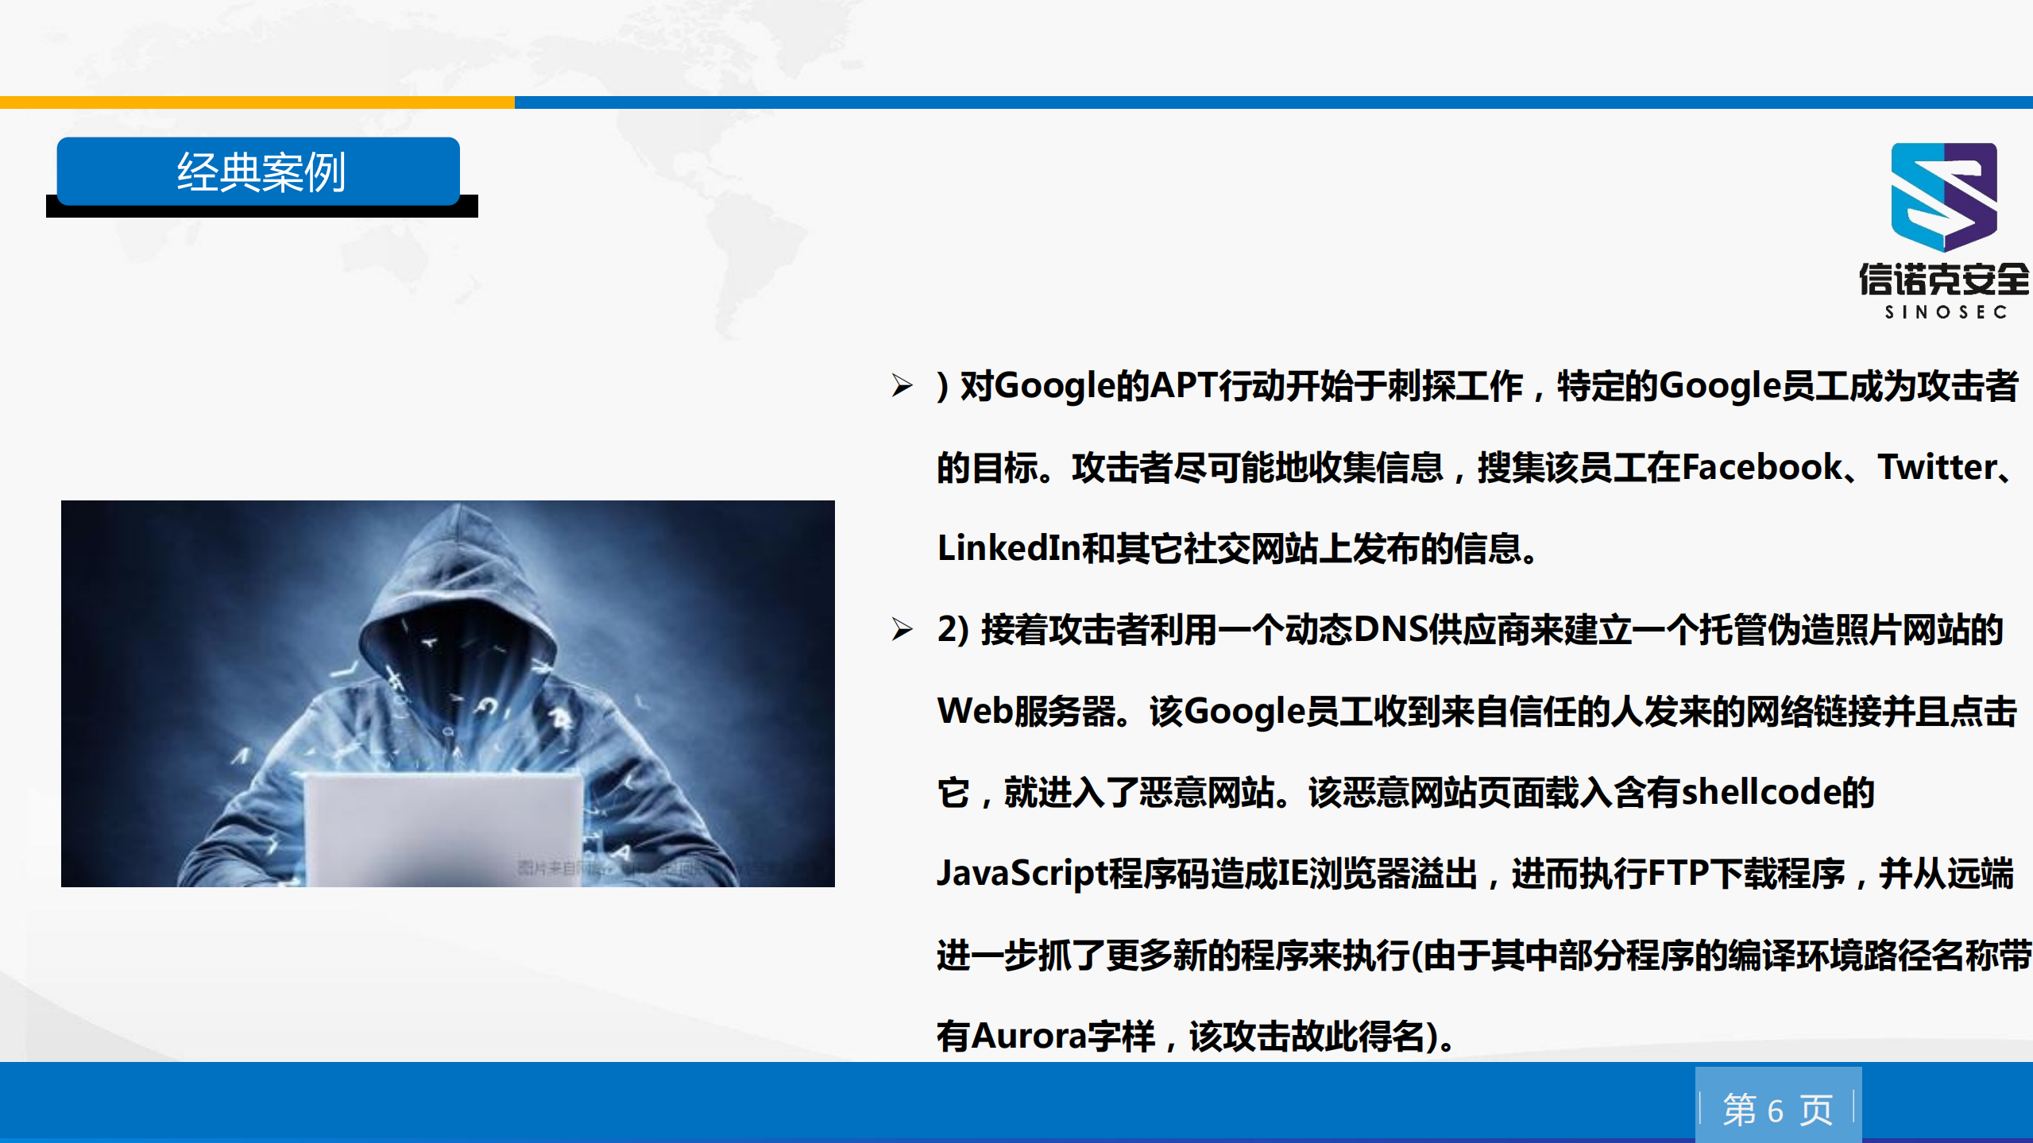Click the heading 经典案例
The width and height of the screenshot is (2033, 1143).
pos(260,172)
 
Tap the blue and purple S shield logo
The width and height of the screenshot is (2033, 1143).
pos(1943,196)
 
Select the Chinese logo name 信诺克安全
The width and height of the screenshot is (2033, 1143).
pos(1943,280)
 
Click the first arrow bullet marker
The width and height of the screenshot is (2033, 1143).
pos(902,386)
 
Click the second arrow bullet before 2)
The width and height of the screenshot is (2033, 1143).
pos(902,630)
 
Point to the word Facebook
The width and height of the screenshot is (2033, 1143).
pos(1761,467)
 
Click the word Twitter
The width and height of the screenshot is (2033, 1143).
pos(1937,467)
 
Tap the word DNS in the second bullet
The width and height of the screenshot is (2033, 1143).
pos(1389,630)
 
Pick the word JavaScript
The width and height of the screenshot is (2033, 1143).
pos(1022,873)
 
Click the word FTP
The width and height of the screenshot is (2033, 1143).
pos(1678,873)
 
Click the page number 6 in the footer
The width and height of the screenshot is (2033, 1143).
pos(1776,1110)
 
